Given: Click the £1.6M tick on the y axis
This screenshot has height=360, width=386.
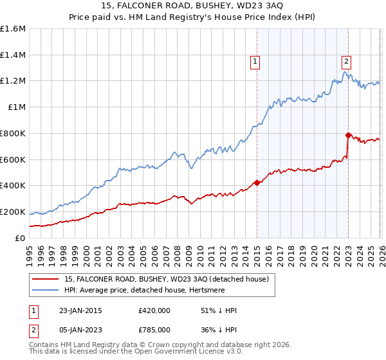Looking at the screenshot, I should click(13, 29).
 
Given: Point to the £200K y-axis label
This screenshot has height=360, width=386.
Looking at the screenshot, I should click(13, 212).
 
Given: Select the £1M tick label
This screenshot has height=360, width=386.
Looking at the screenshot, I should click(17, 107).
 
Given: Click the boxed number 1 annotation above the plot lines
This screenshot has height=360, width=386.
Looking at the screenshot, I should click(255, 62).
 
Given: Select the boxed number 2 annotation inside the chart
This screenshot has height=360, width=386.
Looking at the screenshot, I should click(346, 62).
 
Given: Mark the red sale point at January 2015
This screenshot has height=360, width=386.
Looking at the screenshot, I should click(257, 183).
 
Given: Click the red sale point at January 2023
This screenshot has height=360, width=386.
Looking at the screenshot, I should click(348, 135).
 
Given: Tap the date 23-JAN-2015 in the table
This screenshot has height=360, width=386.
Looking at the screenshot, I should click(75, 310).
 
